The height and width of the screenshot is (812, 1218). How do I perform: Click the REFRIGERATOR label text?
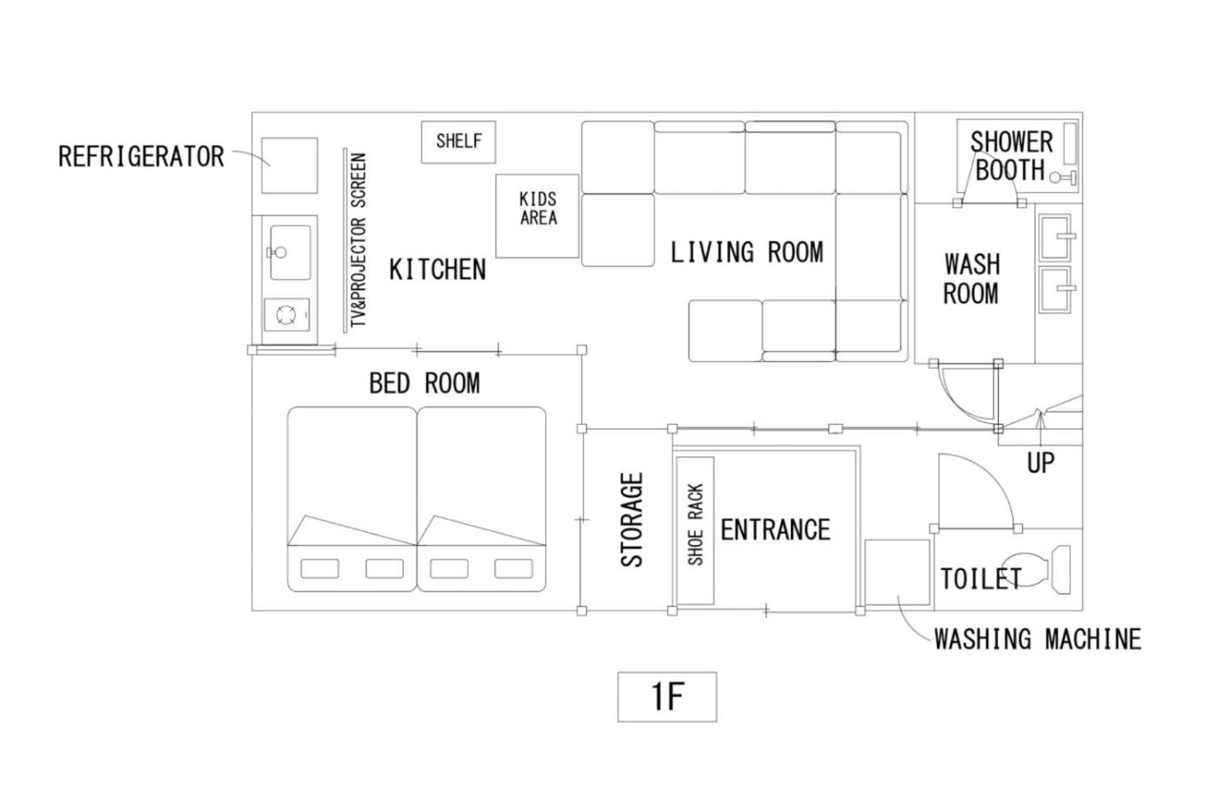(141, 157)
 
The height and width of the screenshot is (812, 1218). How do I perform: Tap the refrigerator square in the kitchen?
(289, 165)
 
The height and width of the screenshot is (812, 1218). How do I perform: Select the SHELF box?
(458, 142)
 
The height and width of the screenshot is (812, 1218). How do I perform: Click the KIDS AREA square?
(538, 216)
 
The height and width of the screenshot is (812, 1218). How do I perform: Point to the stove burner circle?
(286, 315)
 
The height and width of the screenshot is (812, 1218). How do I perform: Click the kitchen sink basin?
(291, 252)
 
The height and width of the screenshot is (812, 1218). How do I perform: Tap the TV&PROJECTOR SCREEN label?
(358, 240)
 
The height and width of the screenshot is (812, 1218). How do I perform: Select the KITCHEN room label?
(438, 270)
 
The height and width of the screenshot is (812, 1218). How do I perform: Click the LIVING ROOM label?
(746, 252)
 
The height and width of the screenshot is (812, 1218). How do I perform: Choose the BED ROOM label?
(425, 383)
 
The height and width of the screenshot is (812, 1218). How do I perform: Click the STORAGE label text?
(632, 520)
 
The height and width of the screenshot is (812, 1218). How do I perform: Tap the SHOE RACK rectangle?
(695, 530)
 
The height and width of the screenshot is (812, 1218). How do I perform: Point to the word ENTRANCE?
(775, 530)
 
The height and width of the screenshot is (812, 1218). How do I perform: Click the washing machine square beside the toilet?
(897, 572)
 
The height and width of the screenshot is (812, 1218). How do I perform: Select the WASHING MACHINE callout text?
(1037, 639)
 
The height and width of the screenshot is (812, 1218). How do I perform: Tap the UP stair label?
(1041, 463)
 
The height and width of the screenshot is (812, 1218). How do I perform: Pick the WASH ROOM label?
(972, 279)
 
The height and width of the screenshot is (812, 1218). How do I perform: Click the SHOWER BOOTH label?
(1011, 156)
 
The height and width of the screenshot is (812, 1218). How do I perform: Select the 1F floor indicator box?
(667, 697)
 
